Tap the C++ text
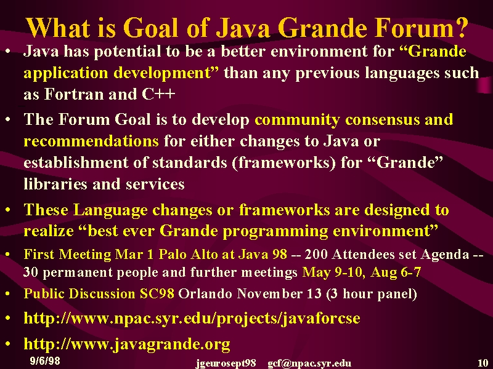click(158, 94)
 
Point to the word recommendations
click(91, 141)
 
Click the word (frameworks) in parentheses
click(283, 163)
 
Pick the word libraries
click(55, 184)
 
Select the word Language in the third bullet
click(110, 210)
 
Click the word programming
click(275, 232)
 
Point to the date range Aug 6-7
click(396, 272)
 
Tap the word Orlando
click(205, 294)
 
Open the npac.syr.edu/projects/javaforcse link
click(192, 319)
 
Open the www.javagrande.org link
click(127, 344)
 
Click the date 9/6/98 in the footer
click(45, 360)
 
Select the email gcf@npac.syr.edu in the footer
click(309, 363)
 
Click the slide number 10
click(483, 363)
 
